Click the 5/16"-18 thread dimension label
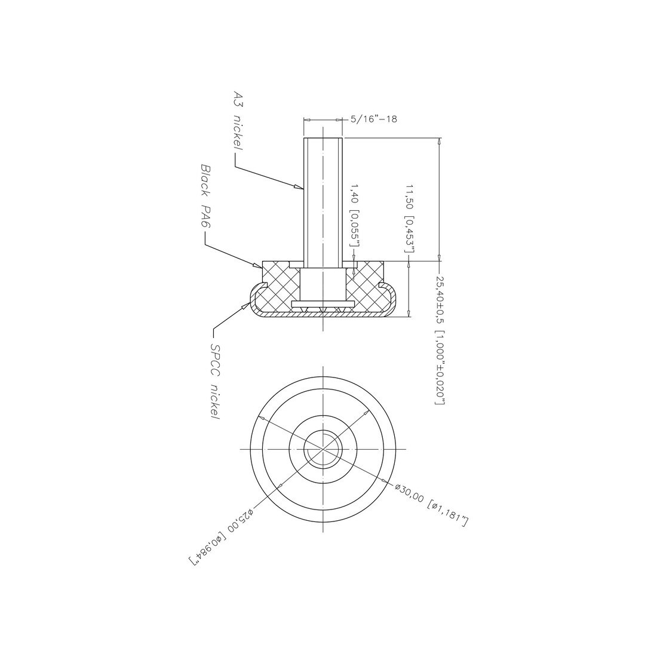click(x=374, y=119)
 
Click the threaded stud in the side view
click(x=323, y=203)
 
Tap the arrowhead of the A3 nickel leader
click(x=299, y=188)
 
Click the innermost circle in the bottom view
click(x=323, y=449)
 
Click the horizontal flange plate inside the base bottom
click(x=323, y=304)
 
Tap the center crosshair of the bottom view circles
click(x=323, y=449)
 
